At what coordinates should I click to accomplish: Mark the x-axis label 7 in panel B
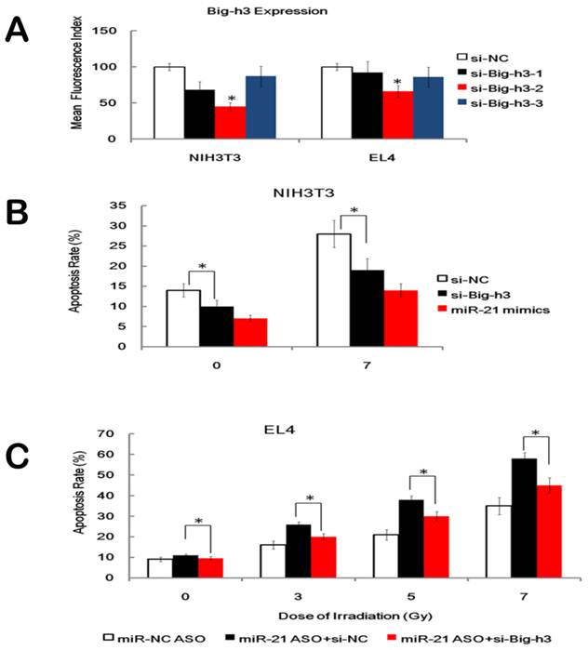tap(358, 365)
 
